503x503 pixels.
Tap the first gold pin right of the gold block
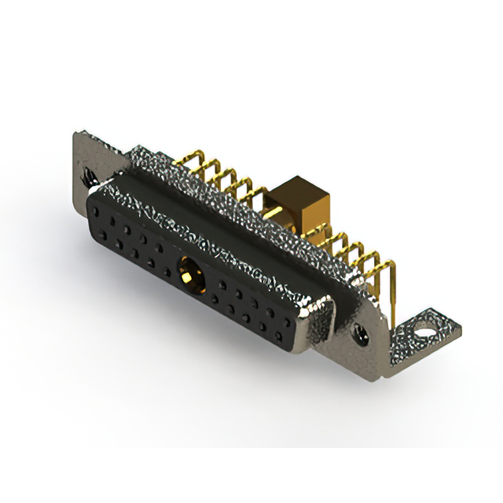click(326, 240)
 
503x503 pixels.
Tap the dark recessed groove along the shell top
click(236, 236)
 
